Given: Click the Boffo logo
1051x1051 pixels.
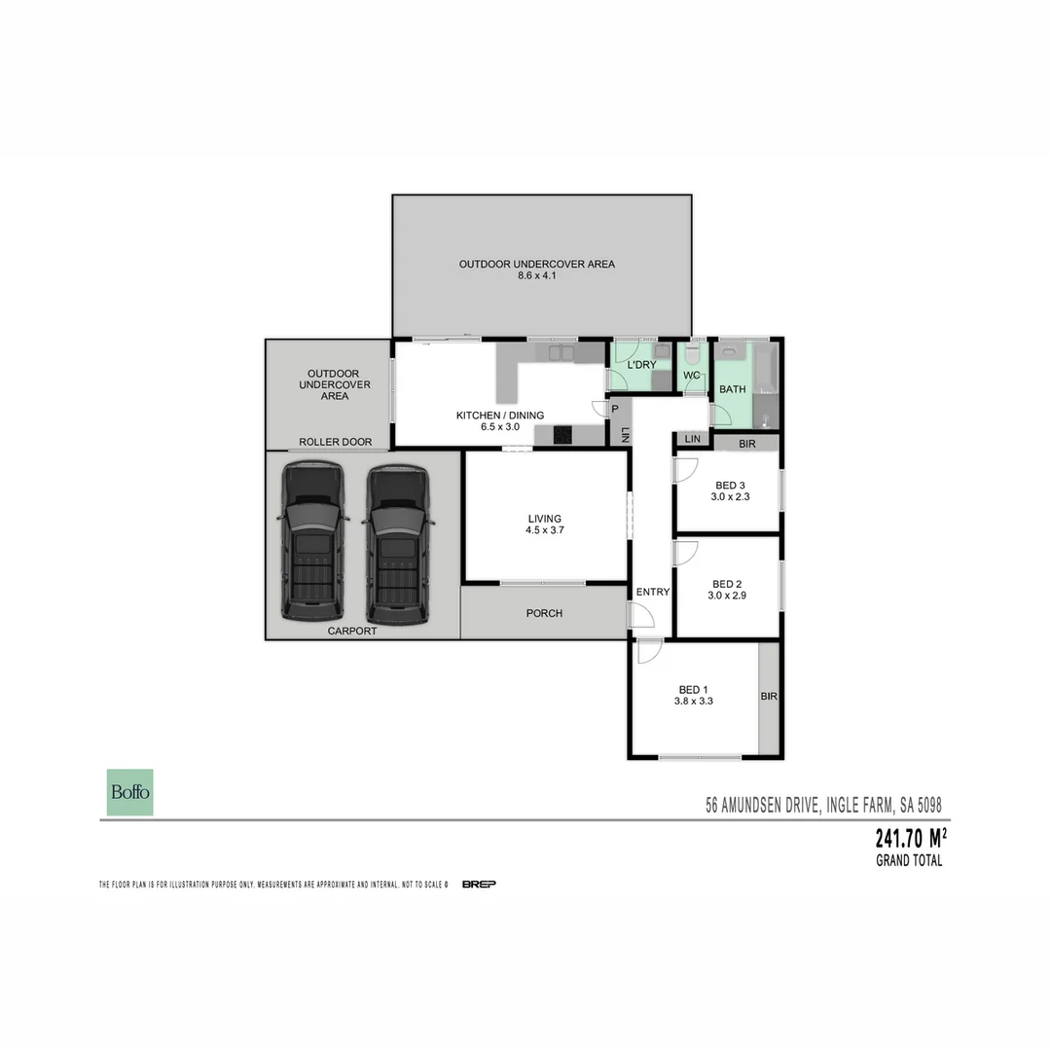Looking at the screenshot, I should pyautogui.click(x=129, y=792).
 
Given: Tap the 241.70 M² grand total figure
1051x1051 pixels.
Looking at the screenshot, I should pyautogui.click(x=911, y=839).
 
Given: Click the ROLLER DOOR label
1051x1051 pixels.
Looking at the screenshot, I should pyautogui.click(x=335, y=442).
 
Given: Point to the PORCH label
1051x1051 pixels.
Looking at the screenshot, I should pyautogui.click(x=544, y=613).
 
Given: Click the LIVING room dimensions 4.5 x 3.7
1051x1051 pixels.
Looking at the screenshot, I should pyautogui.click(x=545, y=530).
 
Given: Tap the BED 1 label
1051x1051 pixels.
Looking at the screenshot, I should pyautogui.click(x=693, y=689).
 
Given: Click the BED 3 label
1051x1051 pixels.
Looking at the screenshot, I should pyautogui.click(x=730, y=486).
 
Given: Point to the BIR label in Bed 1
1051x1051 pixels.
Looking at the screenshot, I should pyautogui.click(x=769, y=697).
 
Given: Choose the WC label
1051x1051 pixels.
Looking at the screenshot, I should pyautogui.click(x=692, y=375).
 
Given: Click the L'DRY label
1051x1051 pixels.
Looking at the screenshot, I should pyautogui.click(x=641, y=365).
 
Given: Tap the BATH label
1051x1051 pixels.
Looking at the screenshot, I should pyautogui.click(x=732, y=389).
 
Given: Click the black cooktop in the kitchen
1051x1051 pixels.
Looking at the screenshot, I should pyautogui.click(x=563, y=435).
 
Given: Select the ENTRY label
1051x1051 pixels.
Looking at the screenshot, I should pyautogui.click(x=652, y=592).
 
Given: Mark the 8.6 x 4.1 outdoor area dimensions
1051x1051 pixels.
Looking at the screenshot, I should pyautogui.click(x=537, y=275).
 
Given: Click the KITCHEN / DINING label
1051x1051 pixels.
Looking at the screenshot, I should pyautogui.click(x=500, y=416).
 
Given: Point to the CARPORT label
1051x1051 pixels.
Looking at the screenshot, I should pyautogui.click(x=351, y=631).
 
